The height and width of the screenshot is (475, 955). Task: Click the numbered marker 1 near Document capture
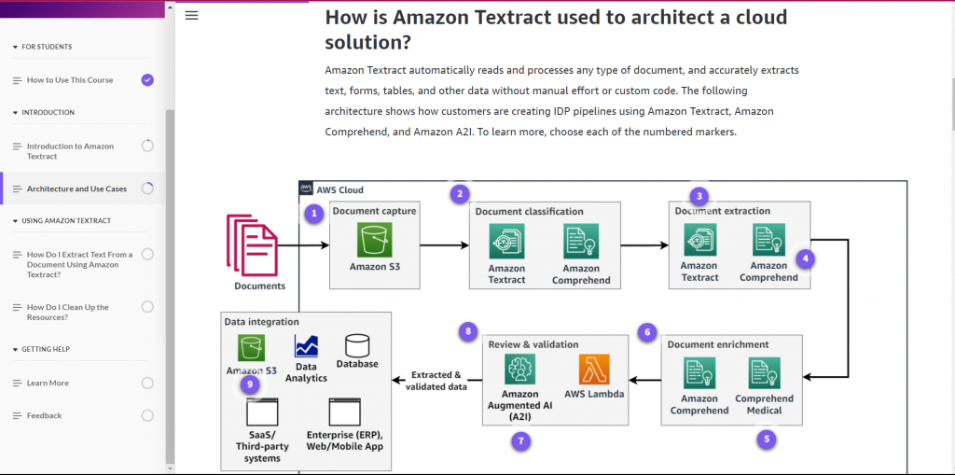315,214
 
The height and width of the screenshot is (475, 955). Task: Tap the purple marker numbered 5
767,438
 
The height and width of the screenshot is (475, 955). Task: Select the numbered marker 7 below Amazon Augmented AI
522,440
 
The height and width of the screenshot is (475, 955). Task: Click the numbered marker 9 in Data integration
248,383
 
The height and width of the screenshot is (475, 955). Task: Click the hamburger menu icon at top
192,16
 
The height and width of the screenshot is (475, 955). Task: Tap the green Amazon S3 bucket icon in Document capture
374,240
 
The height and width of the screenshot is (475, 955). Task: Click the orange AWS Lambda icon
593,370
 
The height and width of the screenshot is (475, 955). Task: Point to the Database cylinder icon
357,347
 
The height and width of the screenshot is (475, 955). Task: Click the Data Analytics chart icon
306,347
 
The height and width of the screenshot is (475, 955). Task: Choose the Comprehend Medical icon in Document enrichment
764,373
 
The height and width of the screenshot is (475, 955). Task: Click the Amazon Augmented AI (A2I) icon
519,370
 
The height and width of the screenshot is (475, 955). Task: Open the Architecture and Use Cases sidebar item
76,189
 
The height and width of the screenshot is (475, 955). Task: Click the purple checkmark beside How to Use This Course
147,80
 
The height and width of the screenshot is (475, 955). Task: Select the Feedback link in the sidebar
44,415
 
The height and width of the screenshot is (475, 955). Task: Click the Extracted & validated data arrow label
436,381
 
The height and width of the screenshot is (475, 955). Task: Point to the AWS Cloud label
339,189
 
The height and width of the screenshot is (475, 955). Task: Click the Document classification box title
529,212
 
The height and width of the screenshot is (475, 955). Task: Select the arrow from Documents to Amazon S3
304,245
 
